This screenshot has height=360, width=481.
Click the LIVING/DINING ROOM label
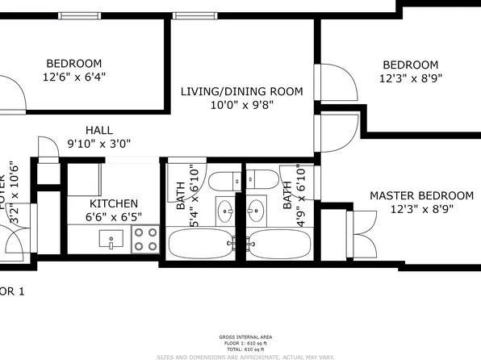coord(241,91)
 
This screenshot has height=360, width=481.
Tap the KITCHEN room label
coord(114,203)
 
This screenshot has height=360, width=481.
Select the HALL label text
coord(99,130)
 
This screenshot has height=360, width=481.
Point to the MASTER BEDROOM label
coord(421,195)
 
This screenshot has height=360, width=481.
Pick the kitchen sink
coord(111,239)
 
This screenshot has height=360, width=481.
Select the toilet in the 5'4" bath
coord(224,180)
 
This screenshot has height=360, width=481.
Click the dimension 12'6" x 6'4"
coord(74,77)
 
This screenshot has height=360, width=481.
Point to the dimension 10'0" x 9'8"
coord(241,105)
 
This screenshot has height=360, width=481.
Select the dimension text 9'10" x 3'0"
coord(99,144)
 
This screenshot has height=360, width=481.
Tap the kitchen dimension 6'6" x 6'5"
coord(114,217)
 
